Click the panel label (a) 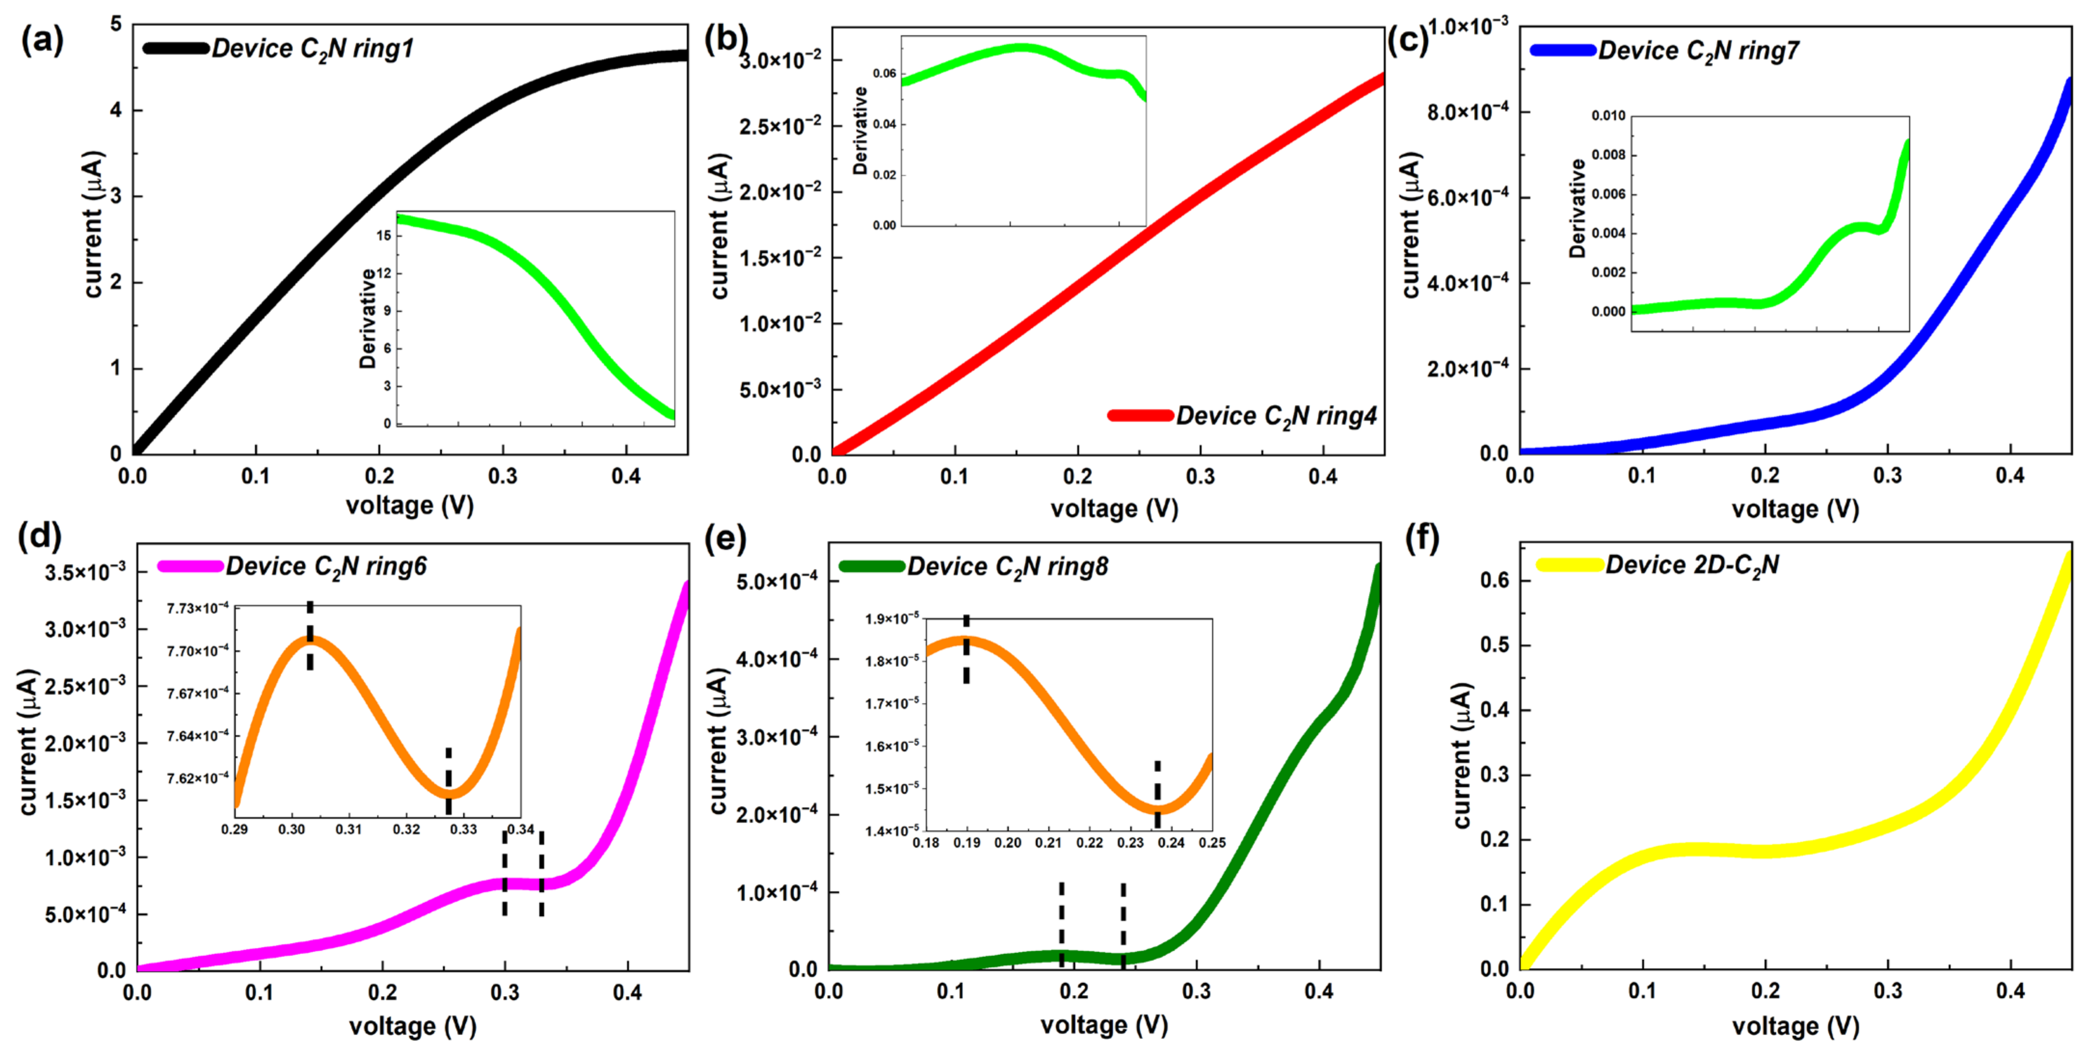(x=42, y=40)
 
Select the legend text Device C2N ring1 (x=312, y=50)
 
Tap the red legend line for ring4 (x=1140, y=416)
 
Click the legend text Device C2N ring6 (x=326, y=566)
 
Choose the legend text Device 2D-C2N (x=1692, y=565)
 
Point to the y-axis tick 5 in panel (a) (x=116, y=25)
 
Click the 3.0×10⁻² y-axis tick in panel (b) (x=780, y=61)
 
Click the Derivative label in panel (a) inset (x=368, y=318)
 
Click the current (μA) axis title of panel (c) (x=1410, y=225)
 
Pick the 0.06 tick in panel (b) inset (x=884, y=74)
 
